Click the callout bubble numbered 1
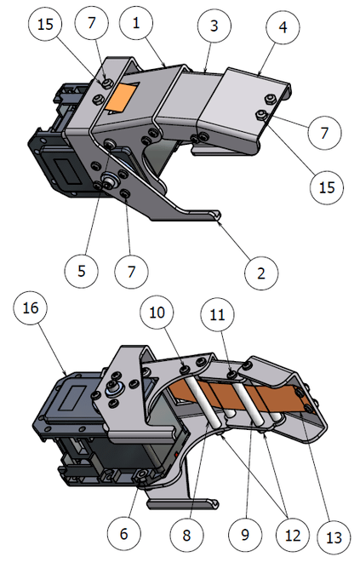(x=136, y=22)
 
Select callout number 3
(x=214, y=26)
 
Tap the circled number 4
(x=283, y=26)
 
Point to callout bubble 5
(x=82, y=271)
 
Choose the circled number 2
(x=261, y=273)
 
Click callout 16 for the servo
(x=31, y=307)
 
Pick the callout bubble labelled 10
(x=157, y=313)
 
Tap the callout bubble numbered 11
(x=217, y=314)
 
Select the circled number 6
(x=124, y=533)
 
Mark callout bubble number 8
(x=186, y=535)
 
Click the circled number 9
(x=245, y=534)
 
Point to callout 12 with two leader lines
(x=293, y=535)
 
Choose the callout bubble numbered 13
(x=334, y=537)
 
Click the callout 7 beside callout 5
(x=131, y=272)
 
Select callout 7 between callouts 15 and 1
(x=91, y=22)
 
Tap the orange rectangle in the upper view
(x=121, y=96)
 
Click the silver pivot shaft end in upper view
(x=109, y=178)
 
